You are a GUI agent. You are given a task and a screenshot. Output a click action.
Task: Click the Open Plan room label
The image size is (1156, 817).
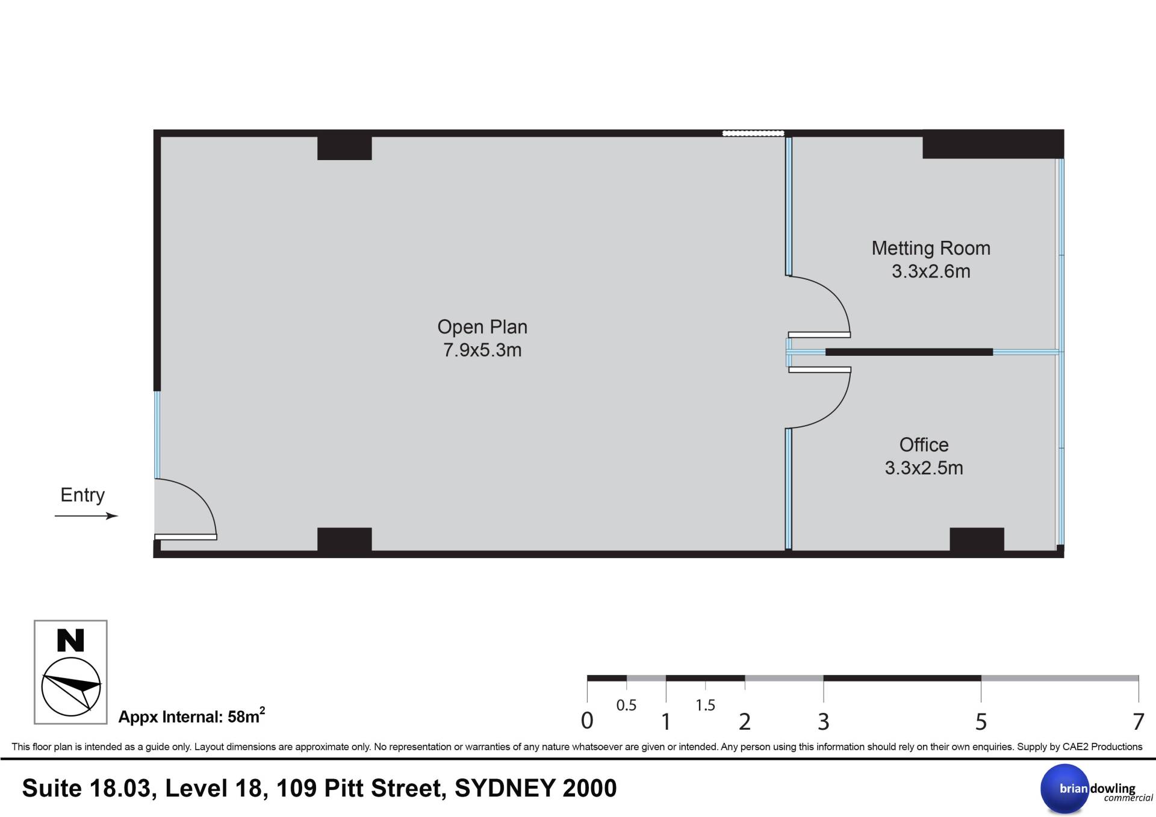click(x=482, y=327)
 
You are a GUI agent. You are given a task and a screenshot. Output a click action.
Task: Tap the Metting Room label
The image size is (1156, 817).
click(x=931, y=248)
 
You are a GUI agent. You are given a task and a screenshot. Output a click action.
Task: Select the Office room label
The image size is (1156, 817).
click(x=924, y=445)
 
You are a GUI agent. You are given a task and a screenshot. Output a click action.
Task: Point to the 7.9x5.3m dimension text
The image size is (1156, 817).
click(x=482, y=350)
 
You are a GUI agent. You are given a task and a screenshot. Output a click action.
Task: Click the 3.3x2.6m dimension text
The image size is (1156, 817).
click(x=931, y=271)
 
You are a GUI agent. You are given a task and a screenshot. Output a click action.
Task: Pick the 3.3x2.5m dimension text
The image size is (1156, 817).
click(x=924, y=468)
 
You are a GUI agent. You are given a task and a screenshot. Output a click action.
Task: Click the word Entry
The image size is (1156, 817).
click(x=82, y=495)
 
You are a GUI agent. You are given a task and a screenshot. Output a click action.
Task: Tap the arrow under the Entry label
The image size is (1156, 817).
click(x=86, y=516)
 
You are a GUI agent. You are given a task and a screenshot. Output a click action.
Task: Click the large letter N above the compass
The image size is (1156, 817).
click(x=70, y=641)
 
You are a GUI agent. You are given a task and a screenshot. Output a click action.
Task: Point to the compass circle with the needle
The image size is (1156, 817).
click(x=71, y=687)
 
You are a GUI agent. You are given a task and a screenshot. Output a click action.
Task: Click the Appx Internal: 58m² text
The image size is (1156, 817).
click(x=191, y=716)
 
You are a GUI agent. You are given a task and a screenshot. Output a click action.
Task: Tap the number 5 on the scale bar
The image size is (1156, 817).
click(x=981, y=721)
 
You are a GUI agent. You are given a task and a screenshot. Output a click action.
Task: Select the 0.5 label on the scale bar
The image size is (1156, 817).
click(x=626, y=705)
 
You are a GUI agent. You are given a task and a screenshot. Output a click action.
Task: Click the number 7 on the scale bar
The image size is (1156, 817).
click(x=1138, y=721)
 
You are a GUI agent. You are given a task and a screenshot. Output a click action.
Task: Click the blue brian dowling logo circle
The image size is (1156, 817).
click(x=1065, y=789)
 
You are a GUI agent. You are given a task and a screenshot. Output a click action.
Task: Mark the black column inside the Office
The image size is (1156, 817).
click(x=977, y=539)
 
